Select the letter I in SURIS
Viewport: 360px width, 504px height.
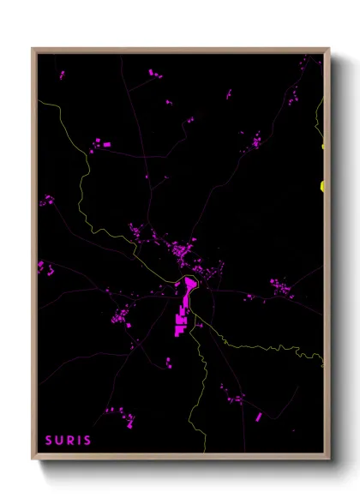[x=79, y=441]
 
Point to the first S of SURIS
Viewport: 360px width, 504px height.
[x=49, y=441]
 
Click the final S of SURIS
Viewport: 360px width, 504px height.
[x=87, y=441]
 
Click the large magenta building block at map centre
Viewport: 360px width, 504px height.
[x=182, y=313]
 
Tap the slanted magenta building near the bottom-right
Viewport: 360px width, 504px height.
[x=258, y=417]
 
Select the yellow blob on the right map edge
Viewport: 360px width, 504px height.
[x=322, y=185]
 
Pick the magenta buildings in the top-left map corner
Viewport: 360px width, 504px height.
[x=61, y=75]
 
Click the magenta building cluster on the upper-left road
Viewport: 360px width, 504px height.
[x=99, y=143]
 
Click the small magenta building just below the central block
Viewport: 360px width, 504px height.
[x=169, y=361]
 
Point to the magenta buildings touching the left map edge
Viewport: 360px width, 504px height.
[x=43, y=267]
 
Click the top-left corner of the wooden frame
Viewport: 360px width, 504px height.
[x=33, y=49]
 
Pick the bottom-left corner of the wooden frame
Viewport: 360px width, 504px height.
[x=33, y=460]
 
